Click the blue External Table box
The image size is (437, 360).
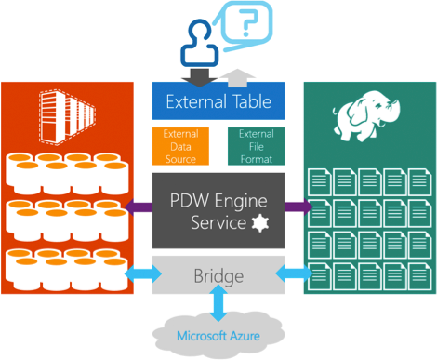coord(218,100)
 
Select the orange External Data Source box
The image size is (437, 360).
coord(180,146)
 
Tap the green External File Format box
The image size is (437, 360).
coord(257,146)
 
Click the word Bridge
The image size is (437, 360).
coord(218,276)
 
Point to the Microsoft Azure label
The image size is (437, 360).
coord(218,336)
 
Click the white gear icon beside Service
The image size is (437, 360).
coord(259,223)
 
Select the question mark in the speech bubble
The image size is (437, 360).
coord(250,22)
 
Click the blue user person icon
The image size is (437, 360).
coord(200,43)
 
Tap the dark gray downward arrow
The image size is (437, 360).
coord(199,77)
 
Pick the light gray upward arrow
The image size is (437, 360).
coord(238,78)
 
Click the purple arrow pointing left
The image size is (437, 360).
coord(139,207)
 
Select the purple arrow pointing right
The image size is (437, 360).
coord(298,207)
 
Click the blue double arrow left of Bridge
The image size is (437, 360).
coord(143,273)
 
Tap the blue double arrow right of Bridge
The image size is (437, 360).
coord(294,273)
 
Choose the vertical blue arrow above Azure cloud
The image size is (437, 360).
coord(218,303)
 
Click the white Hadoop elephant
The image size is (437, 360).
coord(365,116)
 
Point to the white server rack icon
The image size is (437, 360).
coord(67,117)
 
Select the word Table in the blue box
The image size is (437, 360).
coord(252,101)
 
